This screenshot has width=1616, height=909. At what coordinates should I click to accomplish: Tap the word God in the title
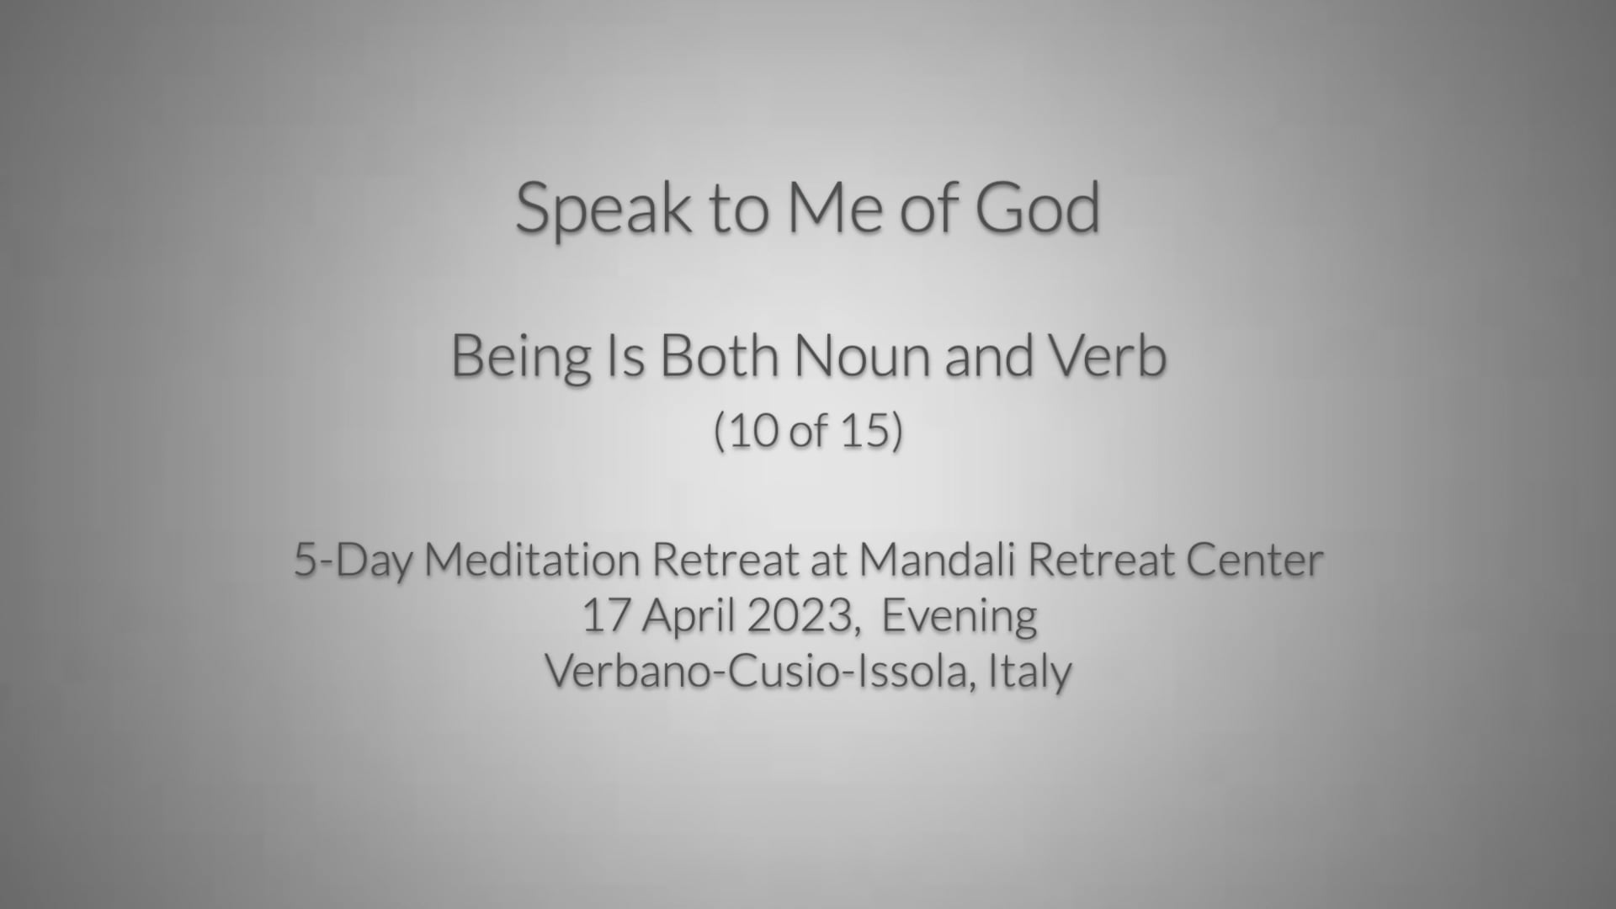tap(1037, 207)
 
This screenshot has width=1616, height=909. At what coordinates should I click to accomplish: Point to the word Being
tap(521, 357)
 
